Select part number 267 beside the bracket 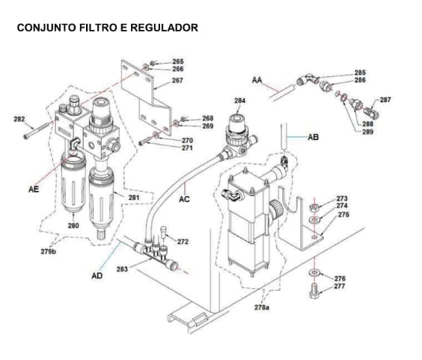tap(177, 80)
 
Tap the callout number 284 tap(239, 100)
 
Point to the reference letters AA tap(257, 79)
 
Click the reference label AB tap(314, 137)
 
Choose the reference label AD tap(97, 275)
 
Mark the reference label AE tap(34, 189)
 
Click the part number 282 tap(19, 119)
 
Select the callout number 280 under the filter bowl tap(73, 225)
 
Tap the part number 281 tap(134, 198)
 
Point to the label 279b tap(49, 251)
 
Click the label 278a tap(261, 308)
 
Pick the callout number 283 tap(122, 268)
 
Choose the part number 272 tap(183, 242)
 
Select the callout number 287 tap(385, 100)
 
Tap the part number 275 tap(343, 215)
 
